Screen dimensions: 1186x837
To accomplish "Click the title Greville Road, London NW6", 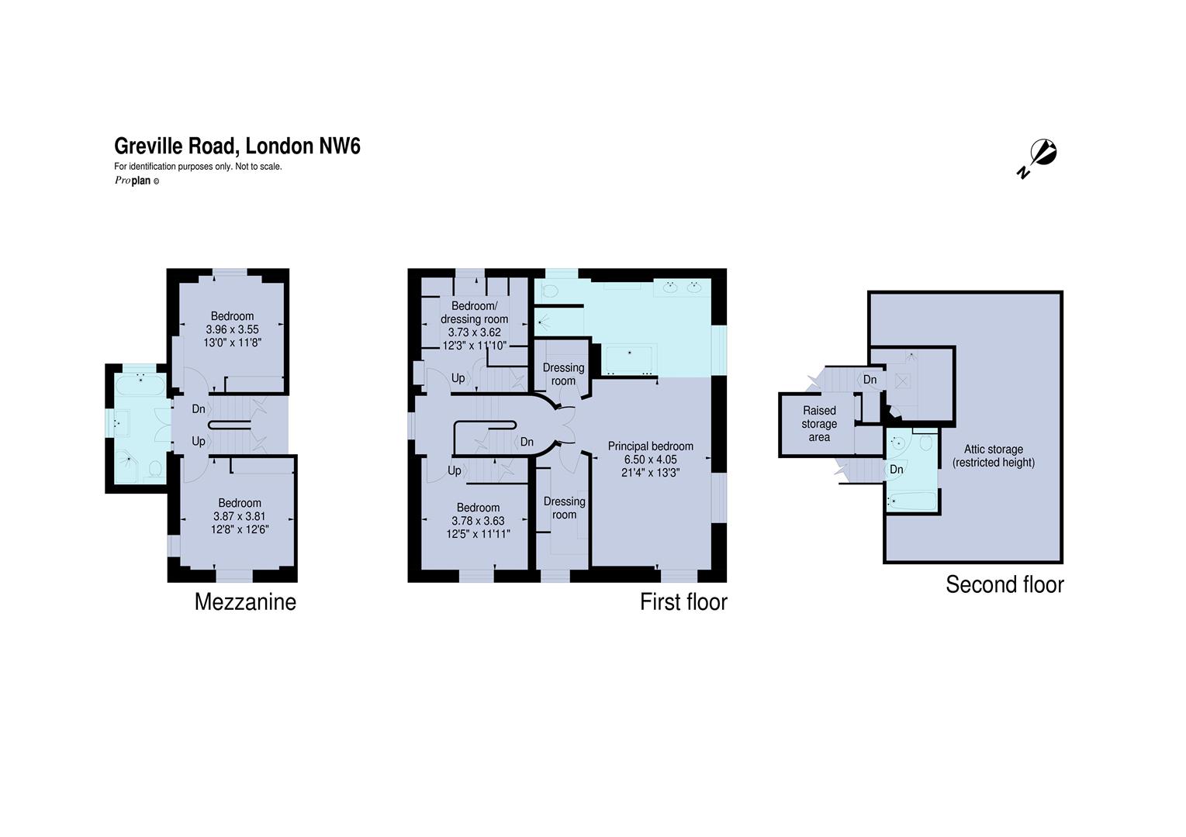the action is pyautogui.click(x=237, y=146).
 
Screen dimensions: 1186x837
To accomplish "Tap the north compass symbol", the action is pyautogui.click(x=1038, y=157).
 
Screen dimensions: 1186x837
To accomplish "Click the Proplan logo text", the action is pyautogui.click(x=137, y=181).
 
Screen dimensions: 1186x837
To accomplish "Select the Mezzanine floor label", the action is pyautogui.click(x=245, y=601).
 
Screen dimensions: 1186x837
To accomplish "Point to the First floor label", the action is pyautogui.click(x=683, y=601).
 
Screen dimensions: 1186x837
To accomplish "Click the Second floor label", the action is pyautogui.click(x=1005, y=584).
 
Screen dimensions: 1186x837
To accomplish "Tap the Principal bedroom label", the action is pyautogui.click(x=650, y=446).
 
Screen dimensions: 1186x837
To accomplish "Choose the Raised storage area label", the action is pyautogui.click(x=819, y=424).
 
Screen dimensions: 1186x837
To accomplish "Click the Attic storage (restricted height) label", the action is pyautogui.click(x=994, y=456).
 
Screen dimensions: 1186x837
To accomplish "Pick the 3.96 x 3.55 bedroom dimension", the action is pyautogui.click(x=233, y=329).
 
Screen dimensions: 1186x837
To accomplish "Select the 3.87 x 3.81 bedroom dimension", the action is pyautogui.click(x=240, y=516).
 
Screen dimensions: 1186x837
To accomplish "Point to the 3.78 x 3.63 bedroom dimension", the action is pyautogui.click(x=478, y=521).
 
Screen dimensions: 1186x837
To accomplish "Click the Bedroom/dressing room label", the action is pyautogui.click(x=475, y=312).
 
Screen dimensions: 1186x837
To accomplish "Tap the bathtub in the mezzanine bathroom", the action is pyautogui.click(x=141, y=384).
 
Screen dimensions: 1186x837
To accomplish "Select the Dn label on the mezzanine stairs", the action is pyautogui.click(x=199, y=409).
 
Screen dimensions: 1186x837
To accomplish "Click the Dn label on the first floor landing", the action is pyautogui.click(x=527, y=442).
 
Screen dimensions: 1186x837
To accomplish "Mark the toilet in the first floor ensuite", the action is pyautogui.click(x=551, y=291).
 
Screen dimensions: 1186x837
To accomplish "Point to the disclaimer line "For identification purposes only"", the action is pyautogui.click(x=198, y=166).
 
